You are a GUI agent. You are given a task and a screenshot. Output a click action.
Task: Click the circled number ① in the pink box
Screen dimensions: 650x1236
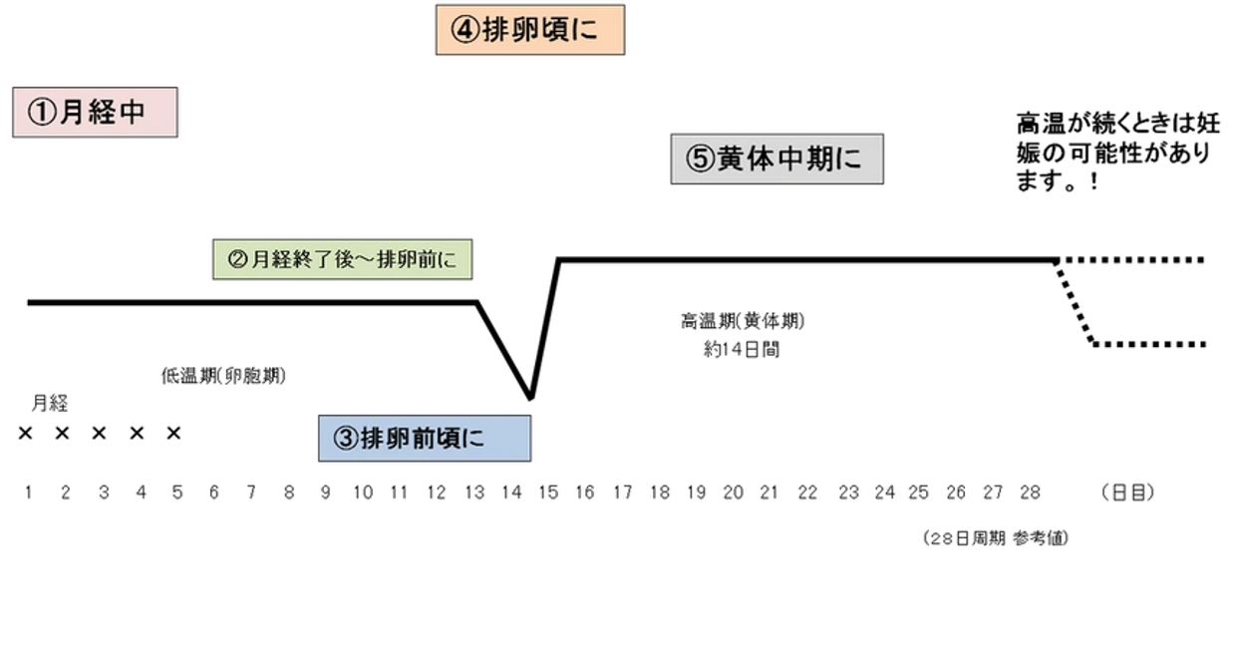click(x=43, y=113)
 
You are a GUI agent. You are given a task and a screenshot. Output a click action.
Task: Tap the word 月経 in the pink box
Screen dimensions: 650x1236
click(x=88, y=113)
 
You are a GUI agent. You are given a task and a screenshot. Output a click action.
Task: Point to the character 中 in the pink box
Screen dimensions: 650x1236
click(x=132, y=113)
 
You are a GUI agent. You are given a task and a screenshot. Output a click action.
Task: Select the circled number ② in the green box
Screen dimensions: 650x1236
click(x=237, y=260)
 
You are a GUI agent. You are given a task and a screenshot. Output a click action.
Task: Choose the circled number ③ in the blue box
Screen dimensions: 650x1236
click(x=345, y=439)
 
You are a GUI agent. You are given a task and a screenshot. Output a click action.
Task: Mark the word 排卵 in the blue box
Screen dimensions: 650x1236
click(x=384, y=439)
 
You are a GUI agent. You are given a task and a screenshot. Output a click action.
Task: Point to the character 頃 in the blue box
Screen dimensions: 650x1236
click(x=448, y=439)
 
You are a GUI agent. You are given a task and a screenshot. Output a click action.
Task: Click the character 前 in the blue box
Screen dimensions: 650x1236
click(x=423, y=439)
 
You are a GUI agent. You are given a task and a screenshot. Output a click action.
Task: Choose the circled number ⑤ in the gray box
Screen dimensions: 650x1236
click(x=701, y=160)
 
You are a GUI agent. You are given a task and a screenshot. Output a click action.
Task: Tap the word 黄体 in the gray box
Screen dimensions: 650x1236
click(x=747, y=160)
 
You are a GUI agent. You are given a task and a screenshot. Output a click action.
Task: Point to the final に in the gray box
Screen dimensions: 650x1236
click(x=850, y=160)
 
